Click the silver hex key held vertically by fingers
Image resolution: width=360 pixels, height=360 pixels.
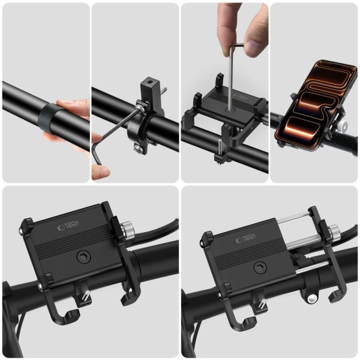pos(231,72)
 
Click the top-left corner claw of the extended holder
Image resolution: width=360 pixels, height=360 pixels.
pos(208,238)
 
